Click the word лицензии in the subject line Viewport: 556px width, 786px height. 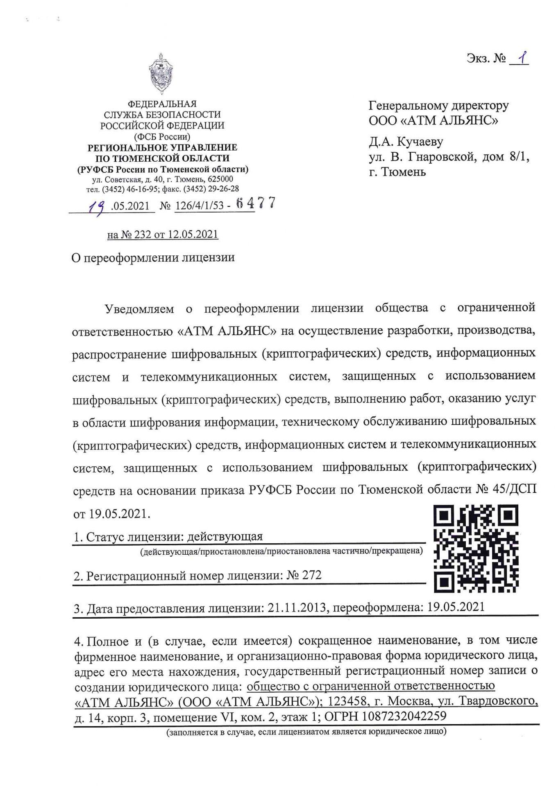(208, 257)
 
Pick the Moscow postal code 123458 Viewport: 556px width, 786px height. (349, 702)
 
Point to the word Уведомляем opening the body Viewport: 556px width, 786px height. (140, 308)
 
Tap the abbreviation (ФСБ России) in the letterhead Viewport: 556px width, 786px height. (162, 136)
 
